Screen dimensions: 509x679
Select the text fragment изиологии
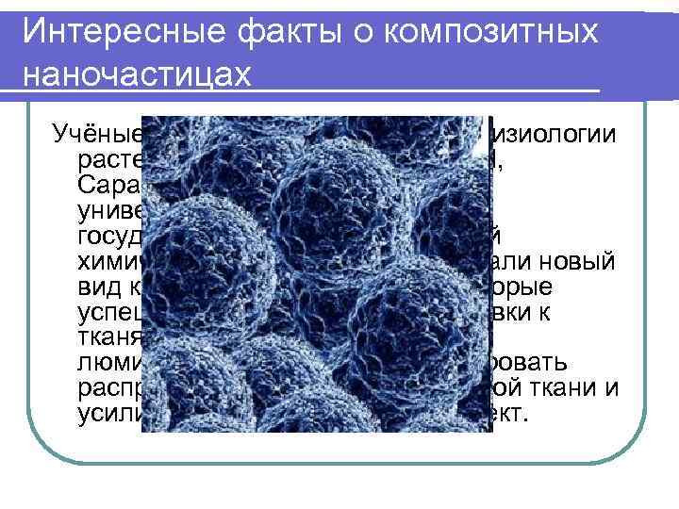pos(551,134)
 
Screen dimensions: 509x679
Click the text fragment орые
pos(538,285)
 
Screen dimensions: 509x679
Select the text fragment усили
pos(110,413)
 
